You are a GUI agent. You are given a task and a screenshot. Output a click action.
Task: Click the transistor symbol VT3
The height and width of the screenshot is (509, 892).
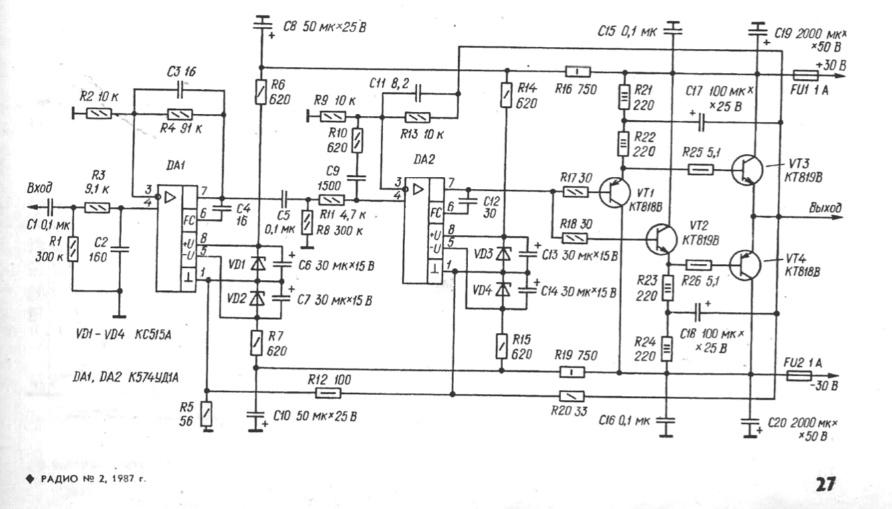745,170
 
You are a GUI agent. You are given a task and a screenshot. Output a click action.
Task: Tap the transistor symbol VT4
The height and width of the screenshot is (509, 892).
745,263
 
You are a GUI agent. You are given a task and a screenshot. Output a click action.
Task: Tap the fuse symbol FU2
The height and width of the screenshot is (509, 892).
800,377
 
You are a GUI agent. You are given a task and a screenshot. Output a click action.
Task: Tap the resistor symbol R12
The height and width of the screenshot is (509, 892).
325,392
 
